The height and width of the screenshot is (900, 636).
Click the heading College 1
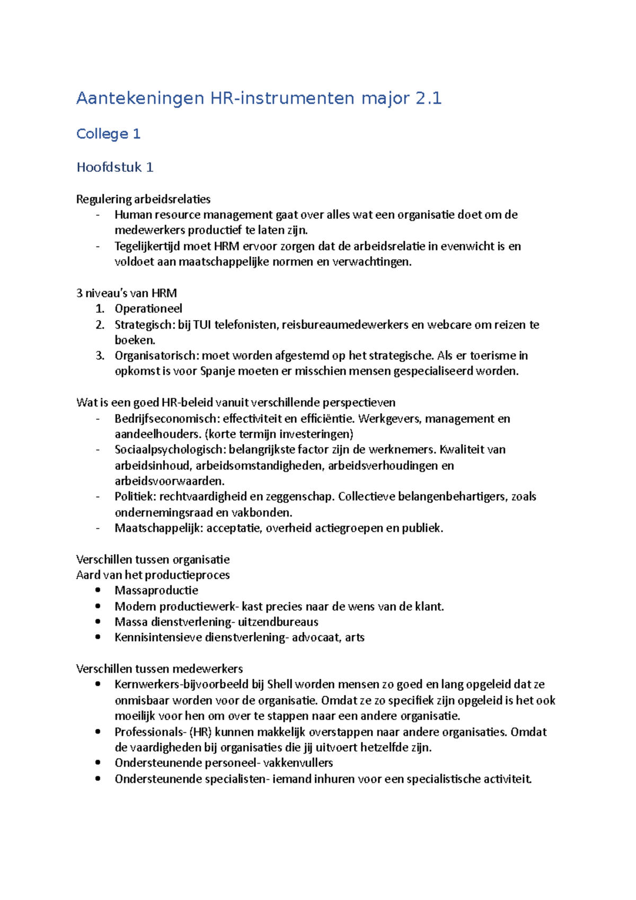[x=108, y=134]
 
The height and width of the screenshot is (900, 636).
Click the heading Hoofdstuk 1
[x=115, y=167]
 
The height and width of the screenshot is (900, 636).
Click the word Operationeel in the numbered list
[x=148, y=309]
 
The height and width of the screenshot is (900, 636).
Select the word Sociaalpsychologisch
[x=170, y=450]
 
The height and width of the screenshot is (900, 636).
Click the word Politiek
[x=135, y=497]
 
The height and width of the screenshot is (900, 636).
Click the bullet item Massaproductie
[x=156, y=590]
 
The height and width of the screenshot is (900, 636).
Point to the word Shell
[x=279, y=684]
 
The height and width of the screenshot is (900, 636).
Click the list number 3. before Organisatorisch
[x=100, y=356]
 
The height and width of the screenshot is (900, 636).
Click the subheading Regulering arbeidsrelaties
[x=143, y=199]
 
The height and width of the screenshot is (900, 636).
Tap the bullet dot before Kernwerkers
[x=98, y=684]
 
